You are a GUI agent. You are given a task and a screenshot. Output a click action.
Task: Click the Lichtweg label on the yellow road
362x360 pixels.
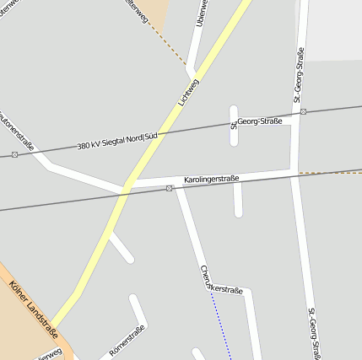189,93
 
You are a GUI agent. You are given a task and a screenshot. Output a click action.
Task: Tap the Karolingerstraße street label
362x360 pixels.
212,179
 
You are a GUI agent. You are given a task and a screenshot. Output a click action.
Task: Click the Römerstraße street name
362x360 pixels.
127,340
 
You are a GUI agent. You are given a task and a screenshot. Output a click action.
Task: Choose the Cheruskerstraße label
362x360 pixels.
221,282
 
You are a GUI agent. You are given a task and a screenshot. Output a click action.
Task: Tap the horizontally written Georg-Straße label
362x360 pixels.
258,121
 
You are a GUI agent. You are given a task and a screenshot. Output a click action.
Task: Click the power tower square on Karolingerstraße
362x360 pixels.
170,188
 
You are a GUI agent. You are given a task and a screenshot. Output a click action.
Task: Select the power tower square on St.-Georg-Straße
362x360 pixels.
303,111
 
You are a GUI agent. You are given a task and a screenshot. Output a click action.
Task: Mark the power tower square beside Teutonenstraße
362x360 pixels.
14,154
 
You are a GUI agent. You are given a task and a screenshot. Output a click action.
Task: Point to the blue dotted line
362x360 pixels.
222,325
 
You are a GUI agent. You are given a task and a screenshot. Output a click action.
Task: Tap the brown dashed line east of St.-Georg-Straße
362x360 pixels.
329,173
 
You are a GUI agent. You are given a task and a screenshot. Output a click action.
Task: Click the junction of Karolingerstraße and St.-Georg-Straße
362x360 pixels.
294,173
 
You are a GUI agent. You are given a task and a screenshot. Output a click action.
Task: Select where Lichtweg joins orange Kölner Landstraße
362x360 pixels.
53,326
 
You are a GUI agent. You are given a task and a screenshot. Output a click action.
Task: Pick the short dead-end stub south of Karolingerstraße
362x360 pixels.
238,201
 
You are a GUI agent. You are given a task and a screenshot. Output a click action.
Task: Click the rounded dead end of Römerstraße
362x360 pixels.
133,298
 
